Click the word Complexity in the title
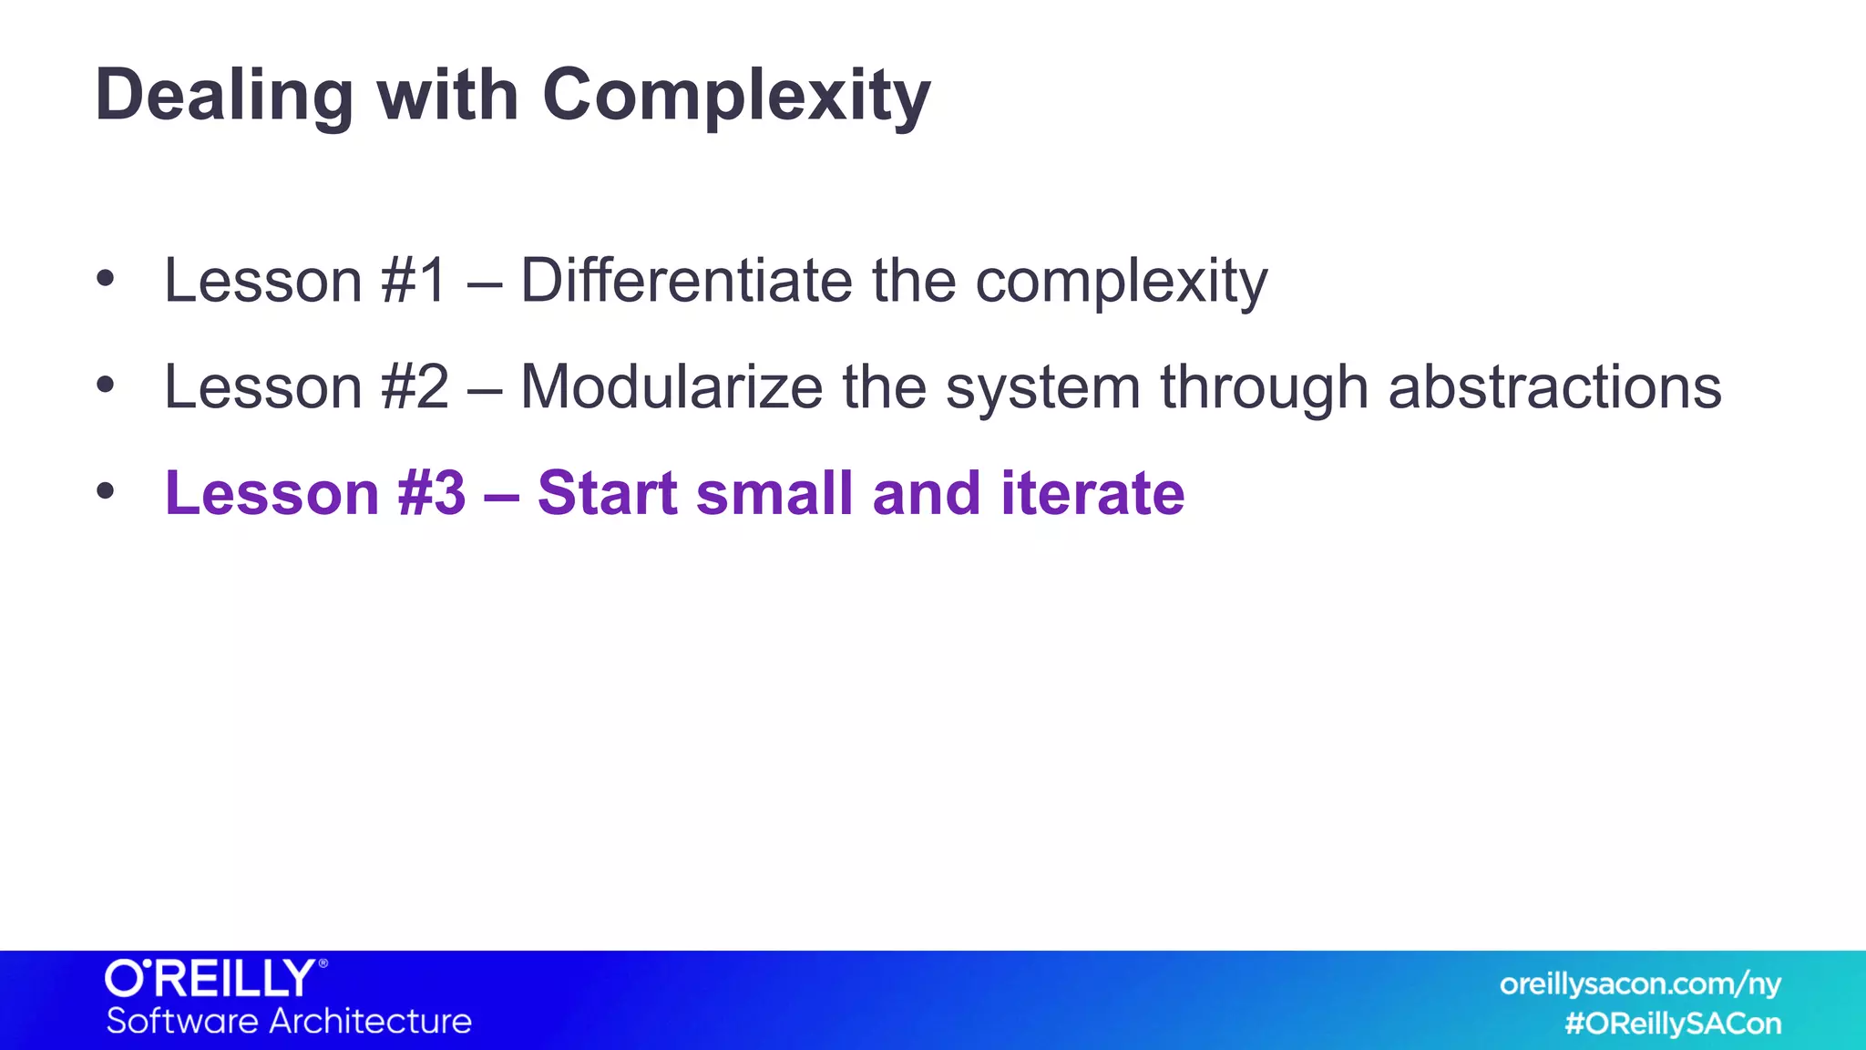(x=736, y=96)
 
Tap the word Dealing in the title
(x=224, y=96)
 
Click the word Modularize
(x=672, y=387)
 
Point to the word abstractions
(x=1554, y=387)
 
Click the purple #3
(x=432, y=493)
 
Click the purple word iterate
(x=1092, y=493)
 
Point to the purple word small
(x=774, y=493)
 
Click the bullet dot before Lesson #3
(x=106, y=492)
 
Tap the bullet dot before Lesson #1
(x=106, y=279)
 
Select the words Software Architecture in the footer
(x=289, y=1022)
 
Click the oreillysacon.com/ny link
(x=1639, y=984)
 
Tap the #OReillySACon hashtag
(x=1673, y=1024)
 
